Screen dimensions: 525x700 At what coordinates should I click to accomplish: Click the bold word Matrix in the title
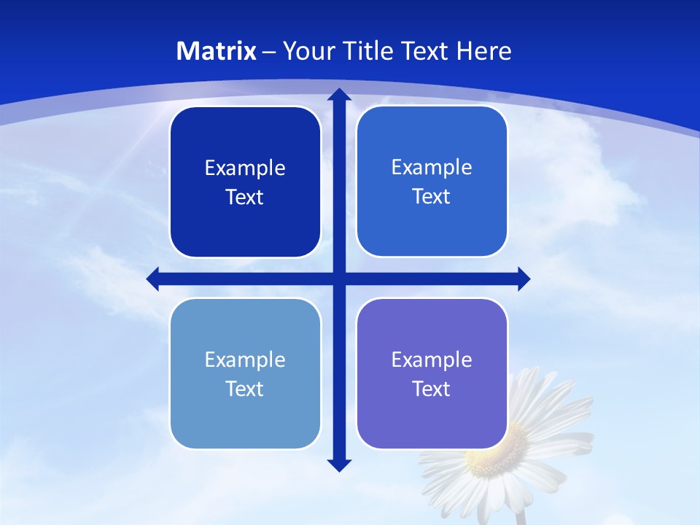click(x=217, y=51)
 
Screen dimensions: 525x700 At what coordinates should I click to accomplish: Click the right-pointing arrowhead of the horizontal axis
click(x=523, y=279)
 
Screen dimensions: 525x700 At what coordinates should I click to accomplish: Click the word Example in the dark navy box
click(x=245, y=168)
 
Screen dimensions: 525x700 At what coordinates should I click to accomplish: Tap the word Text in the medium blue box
click(x=432, y=197)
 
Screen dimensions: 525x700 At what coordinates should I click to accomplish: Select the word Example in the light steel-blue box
click(x=245, y=359)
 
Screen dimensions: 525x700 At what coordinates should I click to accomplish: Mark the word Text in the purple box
click(x=432, y=389)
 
